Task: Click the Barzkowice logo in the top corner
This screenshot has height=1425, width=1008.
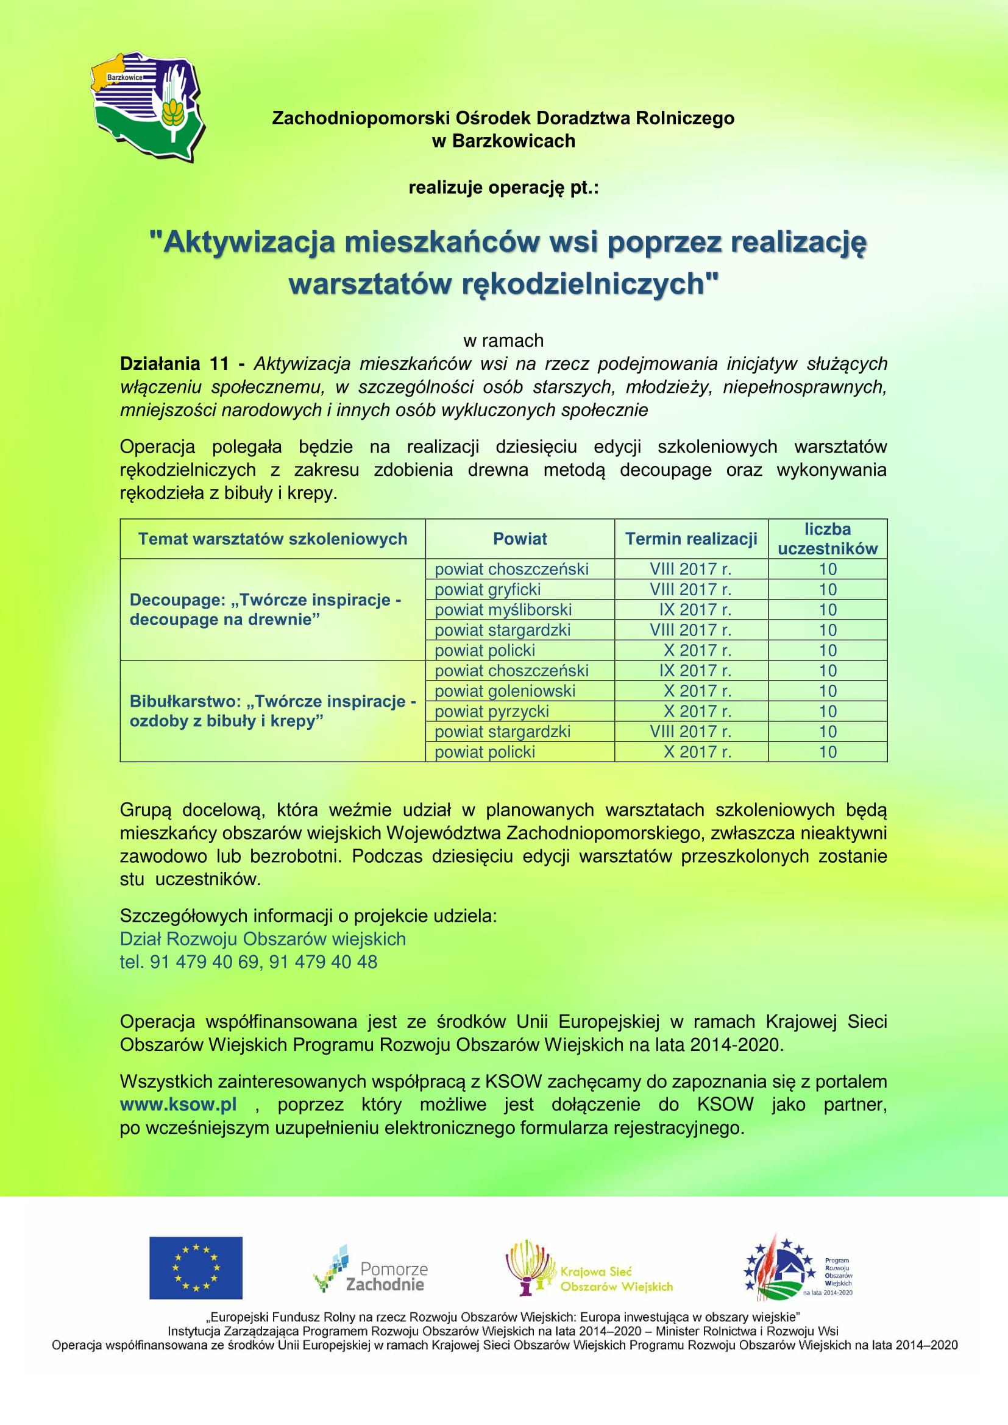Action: point(148,107)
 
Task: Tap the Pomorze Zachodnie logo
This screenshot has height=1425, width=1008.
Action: point(371,1269)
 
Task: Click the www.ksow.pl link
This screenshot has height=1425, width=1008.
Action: point(178,1105)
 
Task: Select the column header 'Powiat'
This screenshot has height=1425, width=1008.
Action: point(519,539)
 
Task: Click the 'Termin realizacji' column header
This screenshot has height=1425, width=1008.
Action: point(691,539)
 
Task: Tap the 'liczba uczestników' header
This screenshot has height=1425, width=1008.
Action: point(828,539)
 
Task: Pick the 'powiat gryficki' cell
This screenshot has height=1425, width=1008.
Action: point(488,590)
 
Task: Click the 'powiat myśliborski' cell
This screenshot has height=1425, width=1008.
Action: point(503,609)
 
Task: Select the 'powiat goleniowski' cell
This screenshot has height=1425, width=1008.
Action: point(505,691)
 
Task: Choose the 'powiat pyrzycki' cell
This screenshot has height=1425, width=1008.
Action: point(492,711)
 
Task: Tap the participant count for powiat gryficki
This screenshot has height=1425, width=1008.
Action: point(828,590)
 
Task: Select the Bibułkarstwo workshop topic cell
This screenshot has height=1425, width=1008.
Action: point(272,711)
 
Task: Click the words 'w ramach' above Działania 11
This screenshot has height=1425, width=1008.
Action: point(503,341)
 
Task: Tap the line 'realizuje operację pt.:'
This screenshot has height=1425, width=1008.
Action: point(503,188)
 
